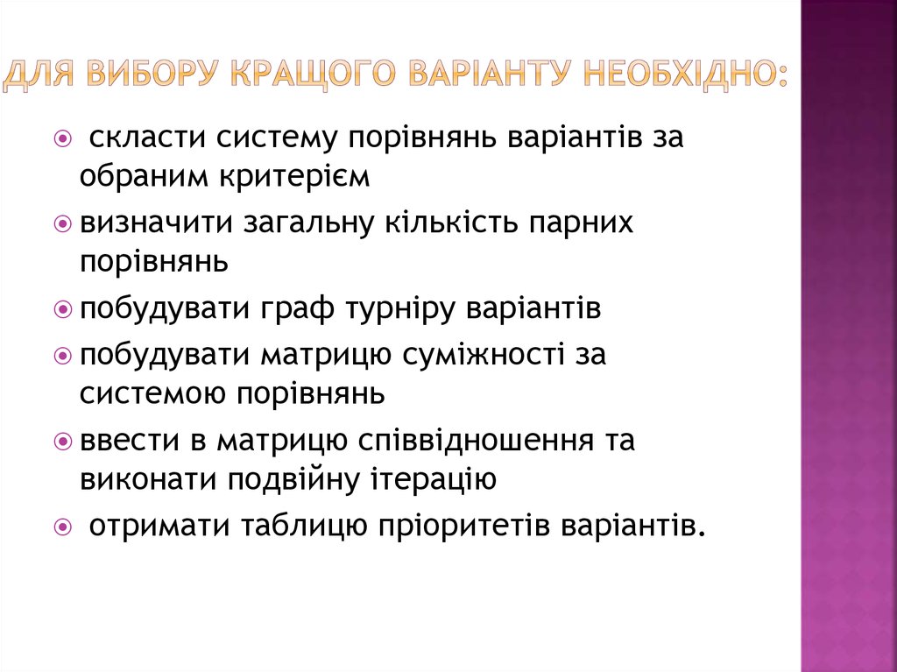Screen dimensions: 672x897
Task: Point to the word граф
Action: point(291,308)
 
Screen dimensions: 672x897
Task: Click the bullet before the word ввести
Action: point(62,442)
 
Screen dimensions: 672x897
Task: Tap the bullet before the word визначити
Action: point(62,223)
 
